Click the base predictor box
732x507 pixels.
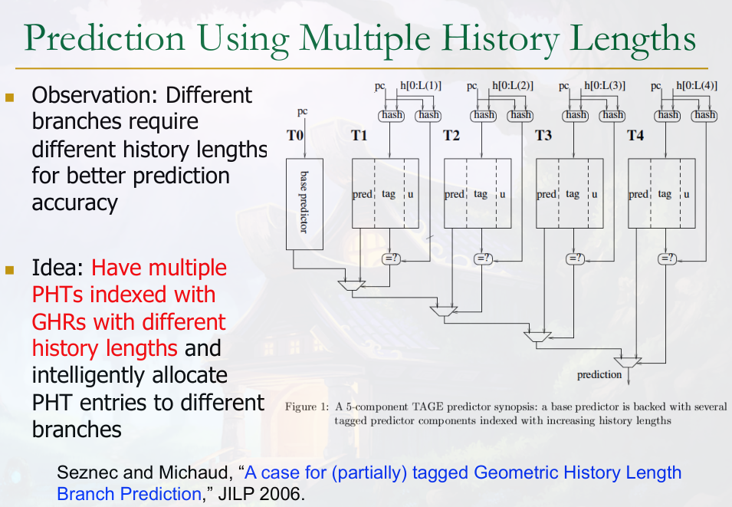(x=304, y=204)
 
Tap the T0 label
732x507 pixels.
(x=294, y=136)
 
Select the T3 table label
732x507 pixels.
(x=543, y=136)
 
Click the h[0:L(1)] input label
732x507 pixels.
(x=421, y=85)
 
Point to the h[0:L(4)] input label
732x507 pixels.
(x=697, y=85)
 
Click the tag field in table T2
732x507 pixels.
(x=481, y=193)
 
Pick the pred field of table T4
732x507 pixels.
(x=638, y=194)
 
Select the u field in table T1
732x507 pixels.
(x=410, y=194)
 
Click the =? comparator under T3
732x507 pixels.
(x=575, y=258)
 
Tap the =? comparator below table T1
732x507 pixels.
(x=391, y=258)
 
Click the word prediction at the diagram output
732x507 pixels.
(x=599, y=375)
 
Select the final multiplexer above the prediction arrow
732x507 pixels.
(x=628, y=363)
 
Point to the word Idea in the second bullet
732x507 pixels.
(x=52, y=268)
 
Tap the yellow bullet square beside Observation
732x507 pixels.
(x=10, y=97)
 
